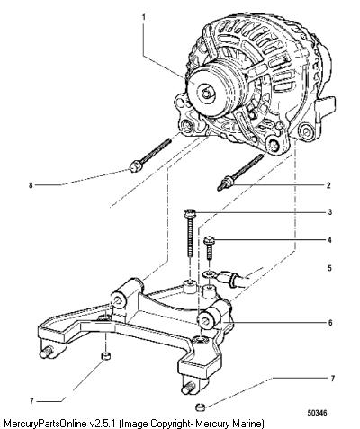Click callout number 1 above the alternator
[x=143, y=17]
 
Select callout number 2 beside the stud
[x=328, y=185]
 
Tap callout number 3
[x=329, y=212]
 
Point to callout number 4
[x=329, y=240]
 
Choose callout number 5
[x=329, y=268]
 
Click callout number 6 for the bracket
[x=330, y=323]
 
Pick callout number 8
[x=31, y=185]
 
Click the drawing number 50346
[x=317, y=413]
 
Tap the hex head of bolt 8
[x=135, y=166]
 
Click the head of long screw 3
[x=190, y=213]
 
